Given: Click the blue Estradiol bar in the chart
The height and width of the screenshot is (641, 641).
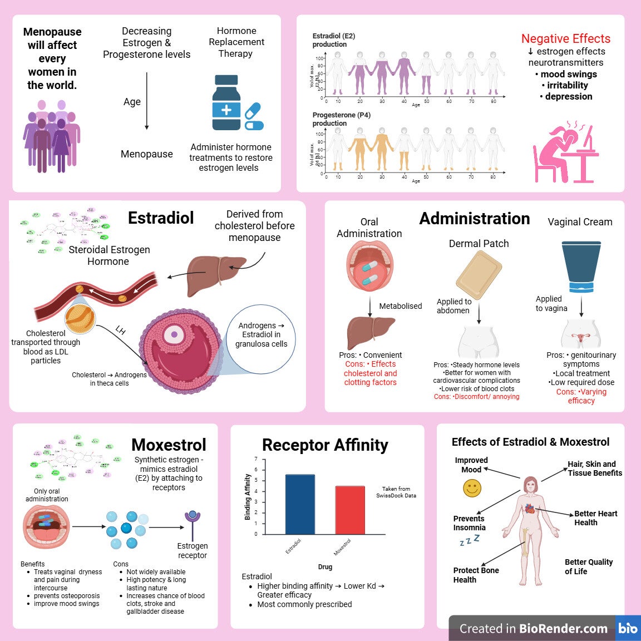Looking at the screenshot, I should (300, 504).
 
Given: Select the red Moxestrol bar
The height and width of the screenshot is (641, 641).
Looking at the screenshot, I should (350, 510).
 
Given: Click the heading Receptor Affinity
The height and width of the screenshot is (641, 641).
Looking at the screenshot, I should (325, 445).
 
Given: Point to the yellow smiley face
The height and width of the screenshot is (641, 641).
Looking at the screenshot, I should (472, 489).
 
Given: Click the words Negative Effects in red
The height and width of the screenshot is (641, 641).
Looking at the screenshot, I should (566, 38).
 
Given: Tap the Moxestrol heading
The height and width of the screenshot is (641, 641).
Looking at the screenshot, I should (169, 445).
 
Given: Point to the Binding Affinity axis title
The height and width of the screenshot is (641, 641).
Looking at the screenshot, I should (248, 497).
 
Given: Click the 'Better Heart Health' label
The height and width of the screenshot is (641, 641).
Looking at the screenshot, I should (595, 518).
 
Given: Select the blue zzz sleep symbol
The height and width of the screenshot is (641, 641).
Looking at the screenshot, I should (469, 540).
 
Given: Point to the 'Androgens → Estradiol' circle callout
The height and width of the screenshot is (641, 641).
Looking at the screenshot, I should (261, 334).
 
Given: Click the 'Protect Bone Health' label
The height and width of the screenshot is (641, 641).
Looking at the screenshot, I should (476, 575).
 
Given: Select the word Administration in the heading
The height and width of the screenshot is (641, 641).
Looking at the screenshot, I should (474, 219).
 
